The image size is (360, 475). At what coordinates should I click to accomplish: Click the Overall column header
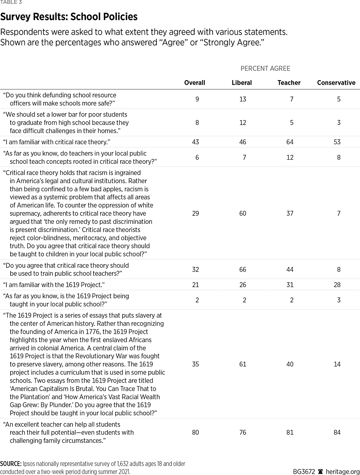point(195,83)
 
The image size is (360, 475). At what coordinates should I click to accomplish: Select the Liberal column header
point(242,83)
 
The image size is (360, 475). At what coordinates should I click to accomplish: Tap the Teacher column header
point(289,83)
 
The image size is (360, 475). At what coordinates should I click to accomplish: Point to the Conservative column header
point(336,83)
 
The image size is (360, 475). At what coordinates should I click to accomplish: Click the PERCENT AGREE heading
point(266,69)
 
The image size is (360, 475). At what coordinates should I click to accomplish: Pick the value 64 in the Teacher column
point(290,142)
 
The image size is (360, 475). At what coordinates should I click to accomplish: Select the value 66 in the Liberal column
point(243,269)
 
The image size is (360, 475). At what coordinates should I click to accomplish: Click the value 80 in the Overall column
point(195,432)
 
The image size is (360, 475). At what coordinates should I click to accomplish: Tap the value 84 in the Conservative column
point(337,432)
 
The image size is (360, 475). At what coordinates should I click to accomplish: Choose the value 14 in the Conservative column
point(337,364)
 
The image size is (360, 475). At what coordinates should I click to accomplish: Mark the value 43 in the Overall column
point(195,142)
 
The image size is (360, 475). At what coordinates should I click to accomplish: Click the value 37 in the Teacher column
point(290,213)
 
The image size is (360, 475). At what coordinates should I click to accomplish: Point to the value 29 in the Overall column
point(195,213)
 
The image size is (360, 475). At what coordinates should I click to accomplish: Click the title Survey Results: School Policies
point(69,17)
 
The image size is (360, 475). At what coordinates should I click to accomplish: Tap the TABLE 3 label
point(11,2)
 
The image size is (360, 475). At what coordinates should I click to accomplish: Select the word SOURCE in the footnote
point(11,464)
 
